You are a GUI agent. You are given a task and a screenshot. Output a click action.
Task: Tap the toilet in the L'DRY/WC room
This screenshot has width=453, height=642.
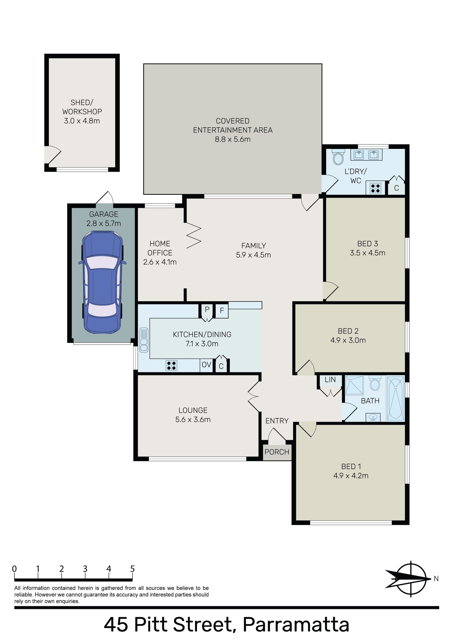click(x=338, y=157)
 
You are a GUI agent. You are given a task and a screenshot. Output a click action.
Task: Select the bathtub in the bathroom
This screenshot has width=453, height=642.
click(x=396, y=398)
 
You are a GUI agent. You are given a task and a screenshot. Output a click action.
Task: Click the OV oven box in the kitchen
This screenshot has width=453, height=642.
click(x=206, y=365)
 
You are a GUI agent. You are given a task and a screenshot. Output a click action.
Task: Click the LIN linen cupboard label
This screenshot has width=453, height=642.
click(x=330, y=379)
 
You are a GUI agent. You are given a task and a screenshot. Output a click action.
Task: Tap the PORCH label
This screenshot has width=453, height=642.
click(x=277, y=452)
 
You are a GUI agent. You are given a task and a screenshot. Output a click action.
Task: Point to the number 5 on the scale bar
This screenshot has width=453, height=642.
click(x=132, y=569)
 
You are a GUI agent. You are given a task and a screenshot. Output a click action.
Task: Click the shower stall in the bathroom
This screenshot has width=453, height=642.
click(x=354, y=385)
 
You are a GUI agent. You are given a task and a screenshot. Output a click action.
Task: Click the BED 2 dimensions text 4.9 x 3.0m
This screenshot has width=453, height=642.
click(x=348, y=340)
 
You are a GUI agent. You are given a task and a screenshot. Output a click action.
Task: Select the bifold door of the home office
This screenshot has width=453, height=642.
click(x=193, y=235)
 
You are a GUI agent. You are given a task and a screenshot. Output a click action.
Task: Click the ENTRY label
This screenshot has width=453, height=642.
click(x=277, y=421)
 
